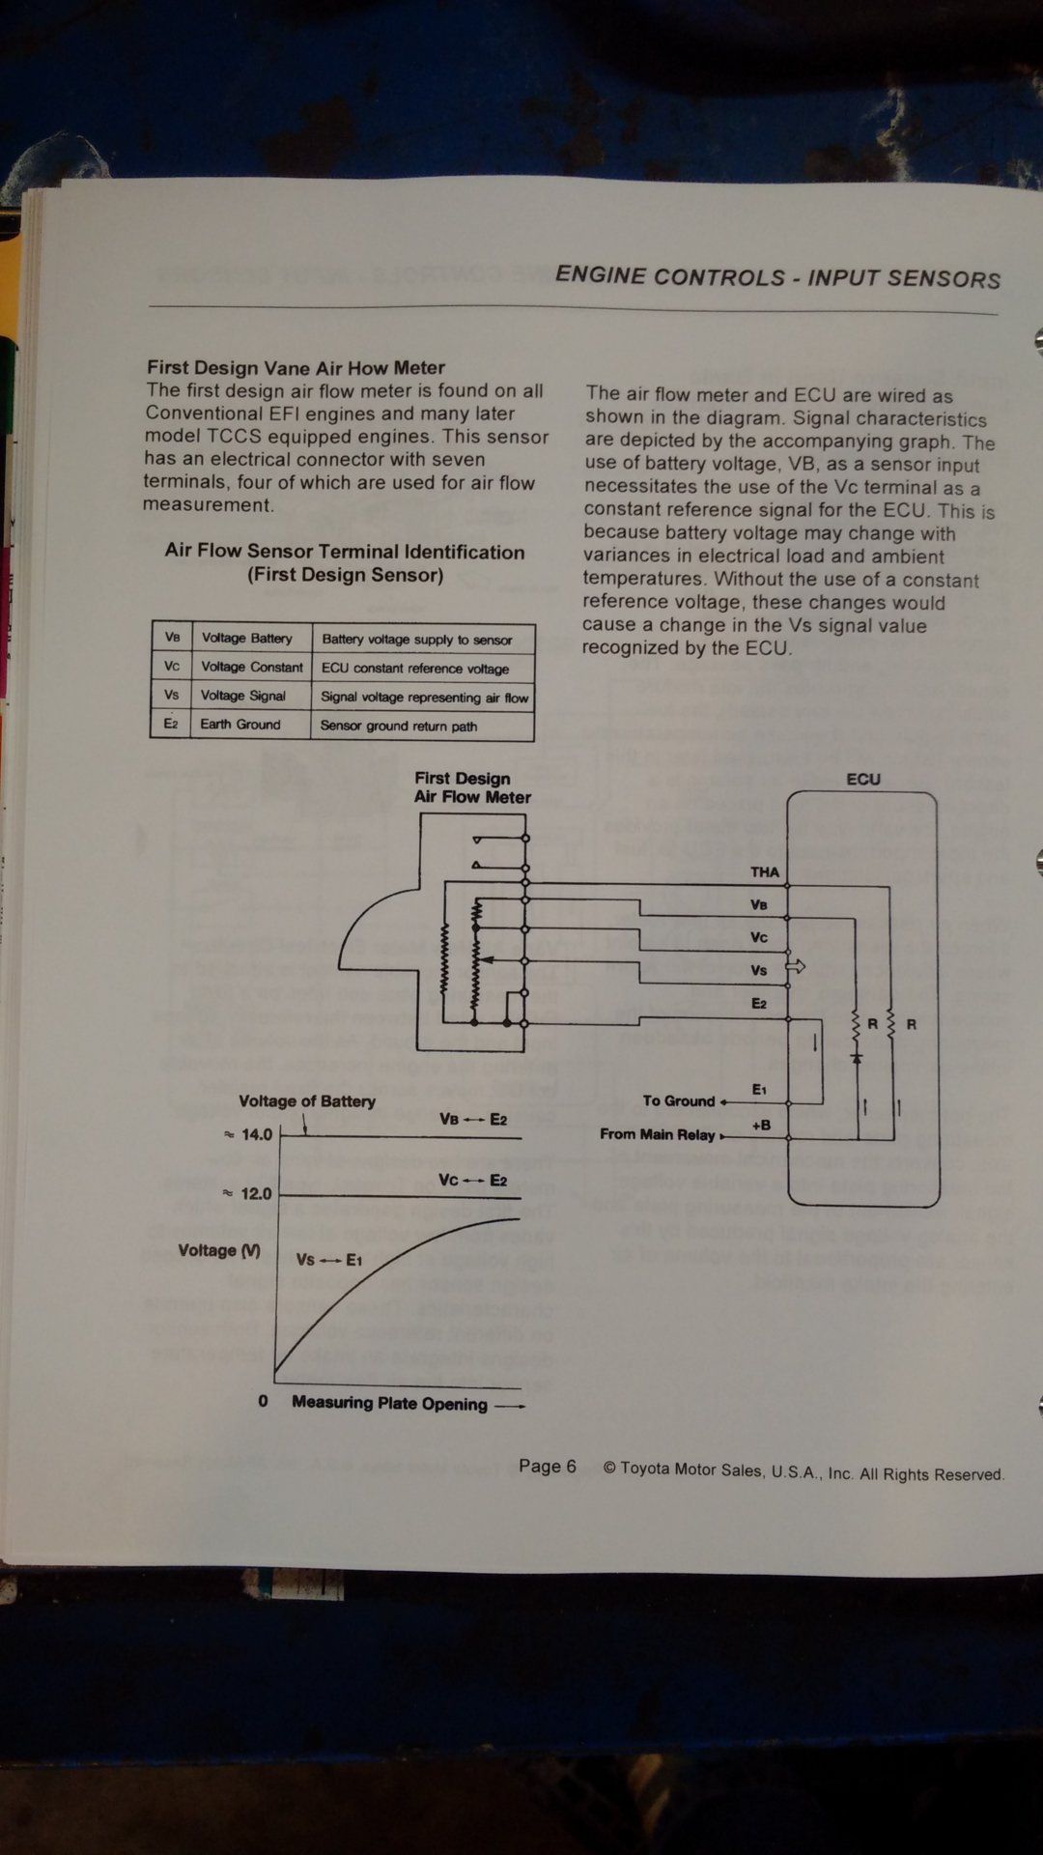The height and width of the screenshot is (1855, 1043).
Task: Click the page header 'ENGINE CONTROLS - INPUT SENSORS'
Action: (777, 277)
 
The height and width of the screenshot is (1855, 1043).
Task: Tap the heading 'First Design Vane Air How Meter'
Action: (296, 367)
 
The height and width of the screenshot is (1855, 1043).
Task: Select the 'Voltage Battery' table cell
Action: (247, 638)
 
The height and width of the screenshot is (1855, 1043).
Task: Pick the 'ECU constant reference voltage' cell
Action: (415, 669)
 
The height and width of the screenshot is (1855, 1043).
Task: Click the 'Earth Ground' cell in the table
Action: (240, 725)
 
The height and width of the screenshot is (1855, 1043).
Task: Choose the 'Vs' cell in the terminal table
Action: (172, 696)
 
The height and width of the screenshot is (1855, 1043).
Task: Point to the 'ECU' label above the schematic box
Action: (863, 779)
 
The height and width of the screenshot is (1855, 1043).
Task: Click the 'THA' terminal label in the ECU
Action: (764, 871)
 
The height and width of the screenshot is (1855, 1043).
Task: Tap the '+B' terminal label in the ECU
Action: (761, 1125)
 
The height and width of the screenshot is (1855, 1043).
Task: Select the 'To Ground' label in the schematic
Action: (679, 1100)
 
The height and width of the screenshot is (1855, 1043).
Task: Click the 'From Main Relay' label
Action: (658, 1134)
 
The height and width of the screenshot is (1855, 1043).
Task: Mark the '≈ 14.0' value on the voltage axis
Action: (249, 1134)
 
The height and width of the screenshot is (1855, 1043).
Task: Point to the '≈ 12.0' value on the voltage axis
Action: (249, 1194)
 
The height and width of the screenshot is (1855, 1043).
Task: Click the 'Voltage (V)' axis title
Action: (219, 1250)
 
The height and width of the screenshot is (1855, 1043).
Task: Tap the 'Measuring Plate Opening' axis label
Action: (390, 1403)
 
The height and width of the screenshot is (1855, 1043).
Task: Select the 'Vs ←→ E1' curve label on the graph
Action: (328, 1260)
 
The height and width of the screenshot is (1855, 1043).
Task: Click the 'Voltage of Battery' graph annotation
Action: (307, 1100)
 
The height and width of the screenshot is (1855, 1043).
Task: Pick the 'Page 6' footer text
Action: (547, 1467)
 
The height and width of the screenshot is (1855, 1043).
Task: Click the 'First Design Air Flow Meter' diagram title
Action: (472, 787)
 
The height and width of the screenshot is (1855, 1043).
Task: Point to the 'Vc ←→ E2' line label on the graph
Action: (472, 1180)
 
